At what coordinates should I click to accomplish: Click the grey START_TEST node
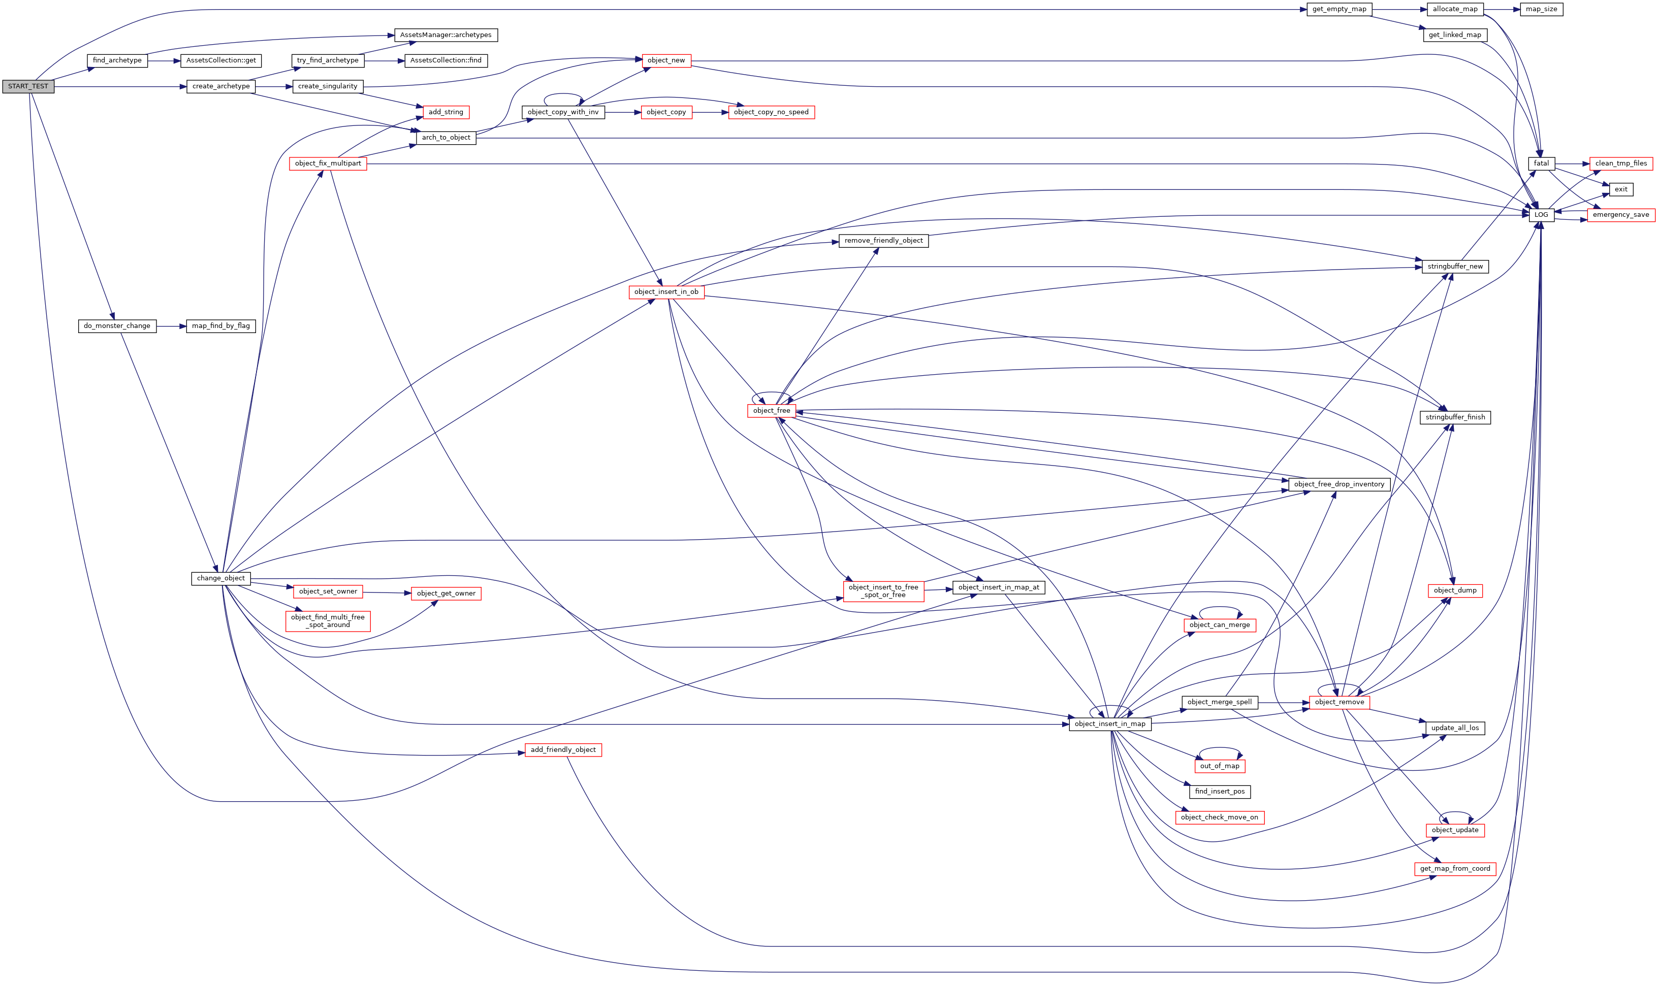click(x=28, y=86)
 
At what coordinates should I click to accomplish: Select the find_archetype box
click(x=117, y=60)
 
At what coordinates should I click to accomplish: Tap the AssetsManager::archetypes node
click(x=445, y=35)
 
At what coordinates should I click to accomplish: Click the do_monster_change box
click(x=117, y=326)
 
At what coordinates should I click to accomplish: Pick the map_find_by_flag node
click(x=220, y=326)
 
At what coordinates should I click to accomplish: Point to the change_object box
click(x=220, y=578)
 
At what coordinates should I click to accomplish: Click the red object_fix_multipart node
click(x=328, y=163)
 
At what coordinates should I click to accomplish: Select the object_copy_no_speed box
click(x=771, y=112)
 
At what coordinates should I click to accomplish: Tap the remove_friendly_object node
click(x=883, y=241)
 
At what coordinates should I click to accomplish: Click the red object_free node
click(x=772, y=411)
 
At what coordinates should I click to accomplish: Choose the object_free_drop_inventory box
click(x=1339, y=484)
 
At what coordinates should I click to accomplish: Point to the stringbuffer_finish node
click(x=1455, y=417)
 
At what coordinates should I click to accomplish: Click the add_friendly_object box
click(x=563, y=750)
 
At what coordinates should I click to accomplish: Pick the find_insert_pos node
click(x=1220, y=792)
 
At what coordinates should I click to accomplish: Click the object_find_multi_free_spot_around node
click(x=328, y=621)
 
